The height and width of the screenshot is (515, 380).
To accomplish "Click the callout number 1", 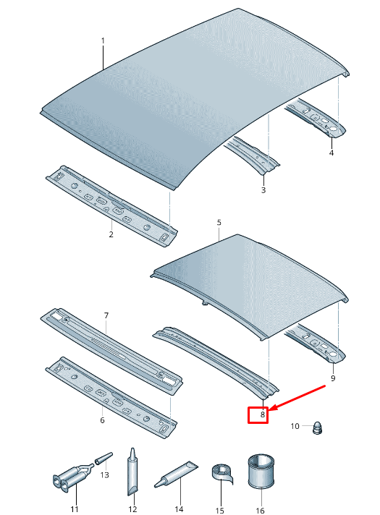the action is click(103, 41).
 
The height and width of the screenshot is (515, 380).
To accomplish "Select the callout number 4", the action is click(332, 153).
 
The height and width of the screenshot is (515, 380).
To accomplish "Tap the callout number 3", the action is click(263, 190).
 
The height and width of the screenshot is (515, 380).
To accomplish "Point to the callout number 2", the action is click(111, 234).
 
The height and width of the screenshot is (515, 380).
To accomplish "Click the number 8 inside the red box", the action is click(262, 414).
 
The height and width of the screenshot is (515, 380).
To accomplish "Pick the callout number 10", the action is click(295, 426).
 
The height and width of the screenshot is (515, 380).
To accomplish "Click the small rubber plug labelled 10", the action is click(317, 427).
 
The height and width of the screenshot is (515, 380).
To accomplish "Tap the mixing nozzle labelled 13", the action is click(104, 458).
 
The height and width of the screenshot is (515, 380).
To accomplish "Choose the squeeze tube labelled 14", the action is click(176, 474).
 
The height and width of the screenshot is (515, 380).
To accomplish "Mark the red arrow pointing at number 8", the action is click(297, 398).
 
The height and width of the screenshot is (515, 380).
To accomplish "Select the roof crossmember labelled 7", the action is click(111, 352).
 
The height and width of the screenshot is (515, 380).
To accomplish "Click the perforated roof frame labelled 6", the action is click(111, 397).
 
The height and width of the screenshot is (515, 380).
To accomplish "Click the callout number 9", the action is click(333, 378).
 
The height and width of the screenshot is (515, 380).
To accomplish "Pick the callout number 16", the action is click(260, 511).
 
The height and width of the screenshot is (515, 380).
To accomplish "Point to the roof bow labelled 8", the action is click(216, 362).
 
